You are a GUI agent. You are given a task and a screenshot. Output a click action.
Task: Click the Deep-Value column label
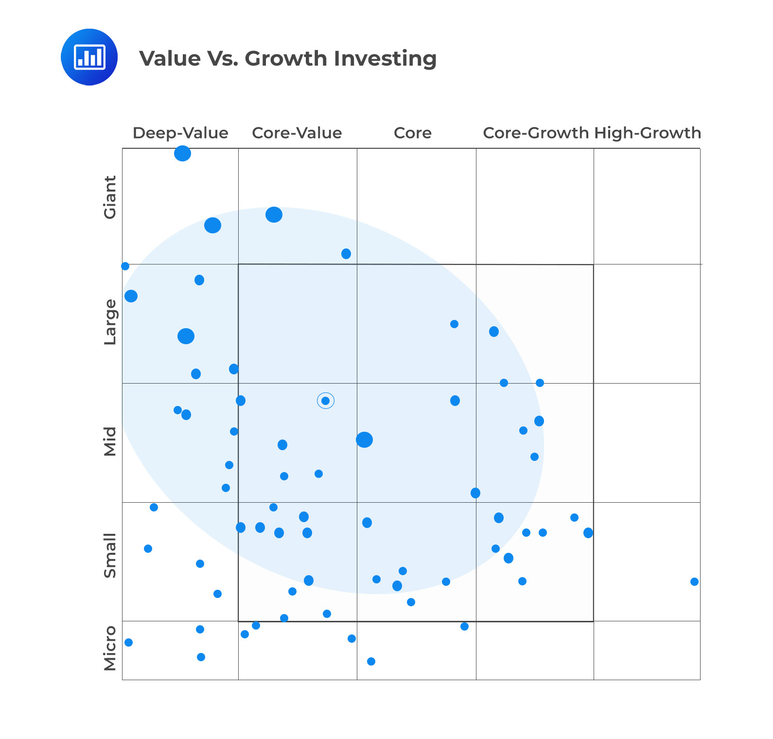180,133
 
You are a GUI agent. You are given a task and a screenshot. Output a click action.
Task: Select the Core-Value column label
297,133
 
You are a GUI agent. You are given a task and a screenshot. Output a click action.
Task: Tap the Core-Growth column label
535,133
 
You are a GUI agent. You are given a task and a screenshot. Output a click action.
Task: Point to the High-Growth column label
648,133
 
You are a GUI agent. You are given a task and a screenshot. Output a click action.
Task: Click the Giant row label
110,197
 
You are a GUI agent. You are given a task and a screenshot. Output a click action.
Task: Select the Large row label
110,322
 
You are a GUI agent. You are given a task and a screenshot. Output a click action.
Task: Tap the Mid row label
110,441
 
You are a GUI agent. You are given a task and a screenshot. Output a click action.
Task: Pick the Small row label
110,556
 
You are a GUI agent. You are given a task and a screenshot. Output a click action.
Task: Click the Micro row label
110,648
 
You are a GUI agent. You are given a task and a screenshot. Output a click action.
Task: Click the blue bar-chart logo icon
89,57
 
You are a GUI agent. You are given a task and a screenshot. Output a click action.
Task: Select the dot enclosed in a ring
326,401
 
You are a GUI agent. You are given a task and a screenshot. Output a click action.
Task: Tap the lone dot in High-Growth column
694,581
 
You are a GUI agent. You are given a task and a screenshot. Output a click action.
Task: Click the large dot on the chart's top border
182,154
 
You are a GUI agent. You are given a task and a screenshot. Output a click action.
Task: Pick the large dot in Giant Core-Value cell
274,214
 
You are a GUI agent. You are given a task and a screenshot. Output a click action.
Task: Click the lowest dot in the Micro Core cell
371,661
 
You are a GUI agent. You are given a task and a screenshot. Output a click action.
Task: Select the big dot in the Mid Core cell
364,440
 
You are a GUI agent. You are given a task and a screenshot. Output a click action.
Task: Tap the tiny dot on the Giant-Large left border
125,266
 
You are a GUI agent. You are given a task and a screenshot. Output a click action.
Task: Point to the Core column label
412,133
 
